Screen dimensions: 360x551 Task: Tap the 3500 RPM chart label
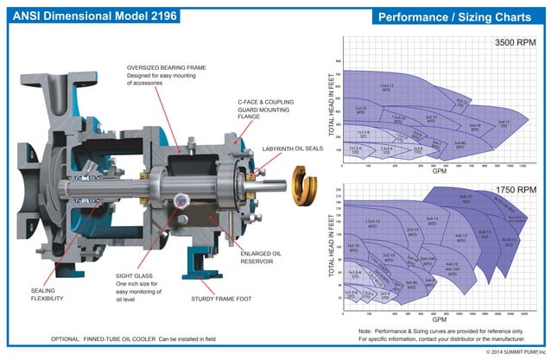[x=519, y=42]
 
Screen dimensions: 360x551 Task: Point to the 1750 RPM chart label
[x=519, y=189]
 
